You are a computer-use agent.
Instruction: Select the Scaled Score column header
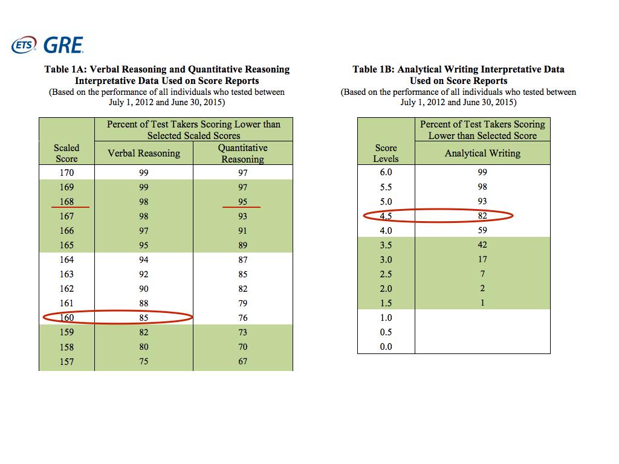[x=66, y=153]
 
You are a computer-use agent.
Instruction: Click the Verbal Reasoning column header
[x=144, y=153]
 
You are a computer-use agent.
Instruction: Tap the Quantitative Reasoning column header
[x=242, y=153]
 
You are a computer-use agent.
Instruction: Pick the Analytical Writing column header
[x=482, y=153]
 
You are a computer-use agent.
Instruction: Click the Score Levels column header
[x=386, y=153]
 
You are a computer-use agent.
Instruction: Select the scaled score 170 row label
[x=66, y=173]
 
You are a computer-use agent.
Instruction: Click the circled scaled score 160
[x=66, y=318]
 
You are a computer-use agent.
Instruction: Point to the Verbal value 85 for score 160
[x=144, y=318]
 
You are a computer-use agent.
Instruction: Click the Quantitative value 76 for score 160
[x=242, y=318]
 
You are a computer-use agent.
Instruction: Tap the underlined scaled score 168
[x=66, y=202]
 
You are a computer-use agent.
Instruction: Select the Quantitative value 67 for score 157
[x=242, y=361]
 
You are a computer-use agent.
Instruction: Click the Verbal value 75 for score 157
[x=144, y=361]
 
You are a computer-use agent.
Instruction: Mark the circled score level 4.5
[x=386, y=216]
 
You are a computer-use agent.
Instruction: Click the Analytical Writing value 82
[x=482, y=216]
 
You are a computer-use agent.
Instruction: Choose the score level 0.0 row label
[x=386, y=347]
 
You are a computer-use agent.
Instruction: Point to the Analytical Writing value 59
[x=482, y=230]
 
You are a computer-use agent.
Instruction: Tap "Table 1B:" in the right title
[x=373, y=69]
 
